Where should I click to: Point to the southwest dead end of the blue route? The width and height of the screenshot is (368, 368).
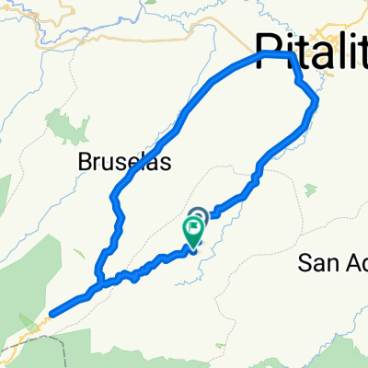51,314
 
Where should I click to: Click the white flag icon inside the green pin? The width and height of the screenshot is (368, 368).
193,231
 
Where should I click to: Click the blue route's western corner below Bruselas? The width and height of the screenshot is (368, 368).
113,196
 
